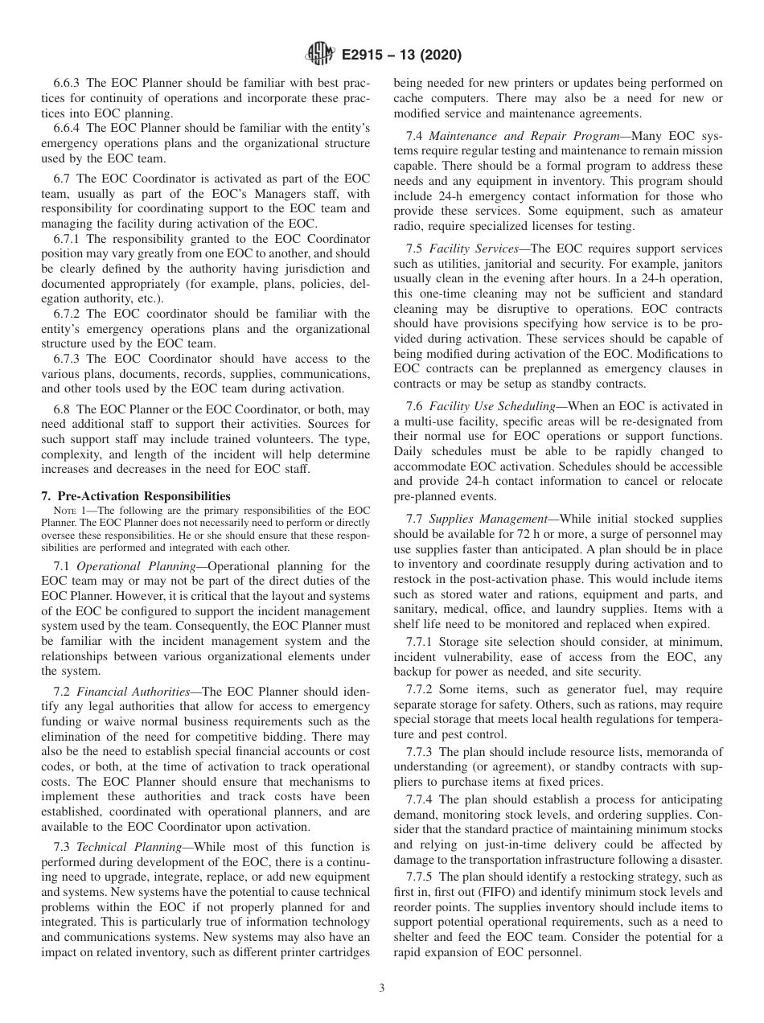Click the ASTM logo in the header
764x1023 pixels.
(321, 55)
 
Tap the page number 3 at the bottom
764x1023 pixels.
(382, 988)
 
